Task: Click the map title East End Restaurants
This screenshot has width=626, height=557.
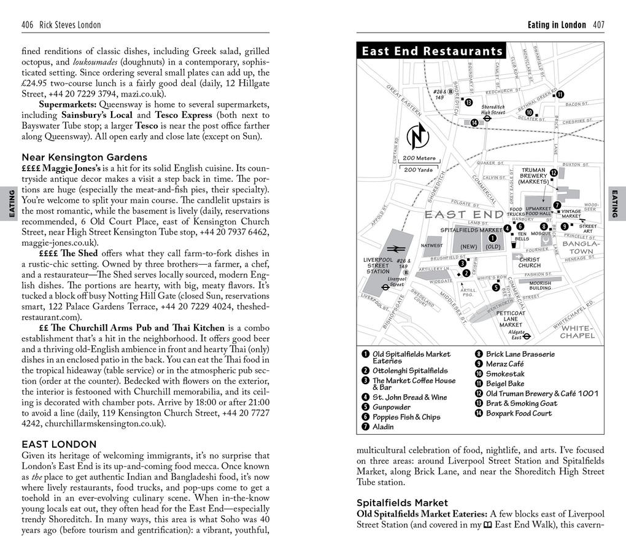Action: [x=431, y=52]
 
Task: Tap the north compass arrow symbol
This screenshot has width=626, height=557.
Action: [x=417, y=137]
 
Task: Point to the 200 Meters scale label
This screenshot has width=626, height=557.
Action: [x=419, y=158]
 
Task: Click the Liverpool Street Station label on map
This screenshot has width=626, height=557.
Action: [x=377, y=265]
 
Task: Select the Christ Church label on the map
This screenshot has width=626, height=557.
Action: [x=529, y=262]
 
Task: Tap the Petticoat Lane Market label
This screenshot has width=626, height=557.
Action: [x=511, y=319]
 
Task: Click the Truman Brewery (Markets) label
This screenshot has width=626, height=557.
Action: [x=533, y=176]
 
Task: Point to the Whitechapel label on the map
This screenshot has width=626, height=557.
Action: [x=578, y=332]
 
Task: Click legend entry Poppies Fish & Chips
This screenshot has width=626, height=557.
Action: [x=406, y=417]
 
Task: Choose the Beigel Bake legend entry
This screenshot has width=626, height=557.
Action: [x=504, y=384]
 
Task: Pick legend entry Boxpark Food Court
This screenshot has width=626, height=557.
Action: [x=519, y=413]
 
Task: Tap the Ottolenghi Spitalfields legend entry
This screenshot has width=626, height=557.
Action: [x=410, y=371]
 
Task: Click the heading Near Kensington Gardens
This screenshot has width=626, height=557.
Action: [x=84, y=157]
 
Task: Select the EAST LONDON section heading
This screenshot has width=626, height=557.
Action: [x=59, y=444]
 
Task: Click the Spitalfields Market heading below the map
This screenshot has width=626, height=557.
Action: [x=402, y=502]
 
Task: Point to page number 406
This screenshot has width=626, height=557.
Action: [x=27, y=25]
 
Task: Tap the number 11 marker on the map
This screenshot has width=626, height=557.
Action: [x=560, y=94]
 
